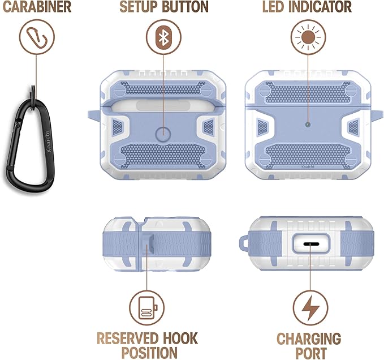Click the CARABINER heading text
[36, 7]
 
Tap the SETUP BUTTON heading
[164, 7]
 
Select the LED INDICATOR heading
[307, 7]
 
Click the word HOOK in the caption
[178, 339]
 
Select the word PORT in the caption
[309, 353]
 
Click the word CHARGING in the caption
[309, 339]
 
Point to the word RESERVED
[126, 339]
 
